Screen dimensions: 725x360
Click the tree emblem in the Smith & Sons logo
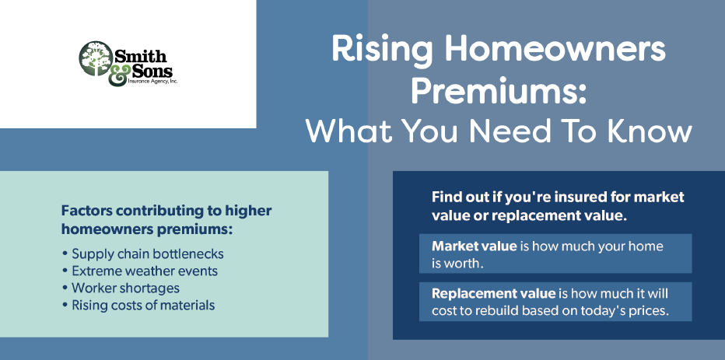pos(96,58)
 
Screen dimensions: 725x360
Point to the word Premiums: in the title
pos(499,89)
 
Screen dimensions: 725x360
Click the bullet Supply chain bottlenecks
pos(143,253)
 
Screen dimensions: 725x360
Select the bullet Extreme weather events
pos(140,271)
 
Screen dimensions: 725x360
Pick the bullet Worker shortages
pos(121,288)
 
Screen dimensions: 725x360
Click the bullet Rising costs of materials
pos(138,305)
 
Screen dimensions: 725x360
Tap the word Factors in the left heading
pos(87,211)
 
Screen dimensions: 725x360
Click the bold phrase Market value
pos(474,246)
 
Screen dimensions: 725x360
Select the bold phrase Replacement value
pos(493,293)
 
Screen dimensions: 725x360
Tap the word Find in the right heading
pos(446,197)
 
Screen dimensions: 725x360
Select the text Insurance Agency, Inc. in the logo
pos(152,82)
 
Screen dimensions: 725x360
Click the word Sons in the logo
pos(152,71)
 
